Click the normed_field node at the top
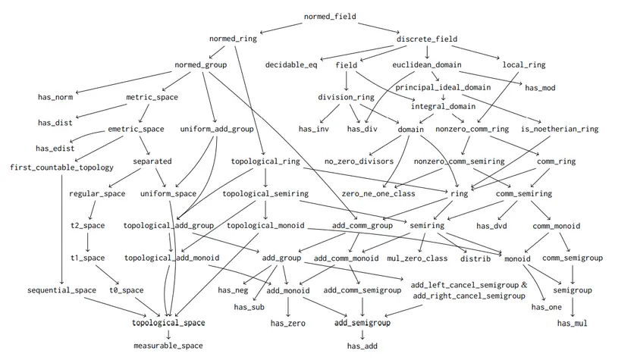pos(330,16)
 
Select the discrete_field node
pos(428,39)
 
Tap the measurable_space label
pos(168,346)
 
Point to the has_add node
pos(362,346)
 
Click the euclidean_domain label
pos(427,65)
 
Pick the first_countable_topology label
pos(61,167)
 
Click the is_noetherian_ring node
pos(560,129)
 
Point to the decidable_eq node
pos(291,65)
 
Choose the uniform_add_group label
pos(217,129)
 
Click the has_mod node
pos(540,88)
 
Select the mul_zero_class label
pos(417,258)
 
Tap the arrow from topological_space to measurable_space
pos(168,334)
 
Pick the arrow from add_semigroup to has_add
pos(362,334)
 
